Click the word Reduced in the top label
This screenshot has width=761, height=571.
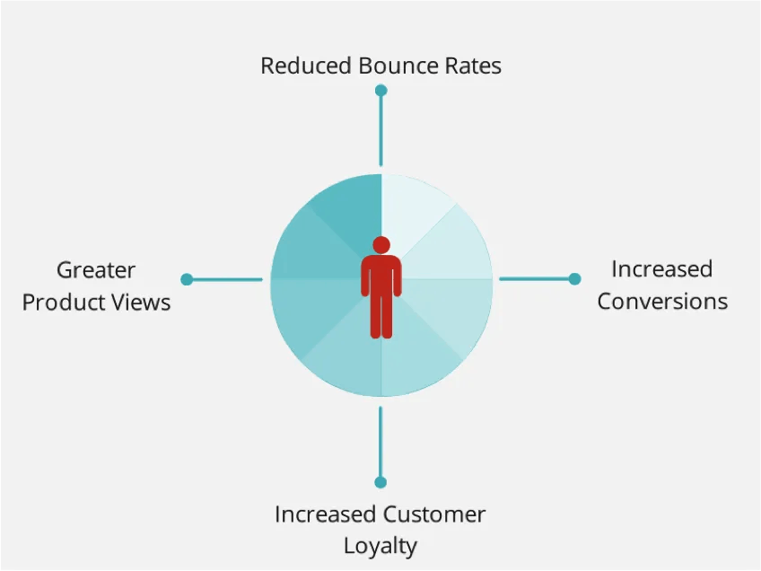(306, 66)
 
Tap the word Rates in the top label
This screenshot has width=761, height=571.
(473, 66)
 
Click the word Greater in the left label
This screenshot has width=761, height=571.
(96, 270)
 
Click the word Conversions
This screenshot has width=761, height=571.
(662, 302)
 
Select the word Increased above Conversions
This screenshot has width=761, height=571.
(662, 269)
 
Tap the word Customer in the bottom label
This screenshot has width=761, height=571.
(433, 514)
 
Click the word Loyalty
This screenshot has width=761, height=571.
(380, 547)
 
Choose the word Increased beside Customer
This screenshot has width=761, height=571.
(325, 514)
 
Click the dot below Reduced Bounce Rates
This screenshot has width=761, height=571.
(381, 91)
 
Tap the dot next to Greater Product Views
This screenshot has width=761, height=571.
(187, 279)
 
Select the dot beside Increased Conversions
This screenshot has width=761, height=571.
(574, 278)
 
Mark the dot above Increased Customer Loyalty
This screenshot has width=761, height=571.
(380, 482)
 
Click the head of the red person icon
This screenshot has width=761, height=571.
(381, 245)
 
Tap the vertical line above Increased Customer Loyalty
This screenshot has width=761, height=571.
(380, 442)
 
